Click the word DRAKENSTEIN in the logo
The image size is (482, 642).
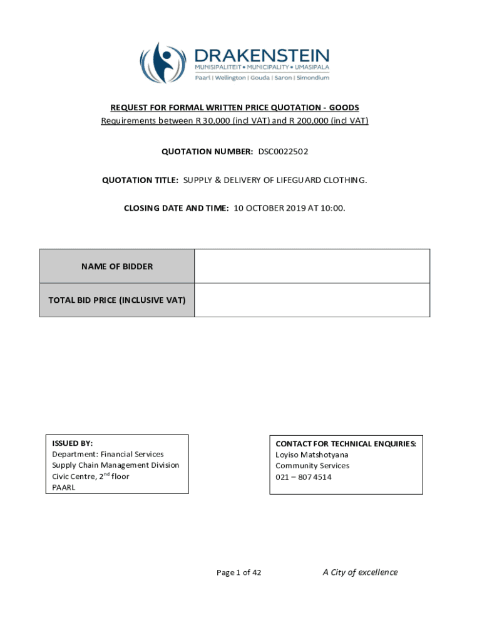pyautogui.click(x=262, y=55)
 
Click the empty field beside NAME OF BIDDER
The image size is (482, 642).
pyautogui.click(x=312, y=266)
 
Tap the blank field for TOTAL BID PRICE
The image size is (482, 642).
pyautogui.click(x=312, y=300)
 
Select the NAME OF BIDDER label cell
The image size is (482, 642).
pyautogui.click(x=117, y=266)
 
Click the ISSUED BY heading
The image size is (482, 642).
pyautogui.click(x=73, y=443)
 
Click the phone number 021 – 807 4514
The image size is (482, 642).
pyautogui.click(x=304, y=477)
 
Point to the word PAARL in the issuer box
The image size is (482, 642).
pyautogui.click(x=64, y=488)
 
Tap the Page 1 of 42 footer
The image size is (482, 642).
pyautogui.click(x=238, y=572)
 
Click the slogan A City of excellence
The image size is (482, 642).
pyautogui.click(x=360, y=572)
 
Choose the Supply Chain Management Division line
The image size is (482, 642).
pyautogui.click(x=116, y=465)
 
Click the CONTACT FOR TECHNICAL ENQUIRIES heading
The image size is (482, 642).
pyautogui.click(x=346, y=443)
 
